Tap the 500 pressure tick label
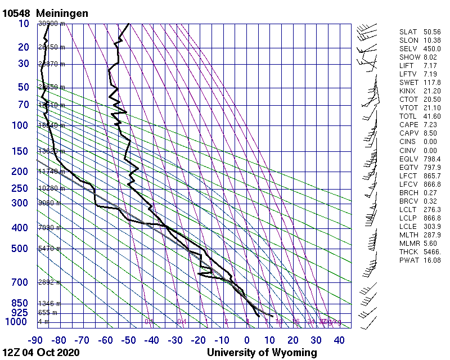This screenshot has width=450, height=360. (19, 249)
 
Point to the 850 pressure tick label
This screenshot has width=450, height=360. (19, 303)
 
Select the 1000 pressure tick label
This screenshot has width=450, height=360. (17, 322)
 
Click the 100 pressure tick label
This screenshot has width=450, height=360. (19, 125)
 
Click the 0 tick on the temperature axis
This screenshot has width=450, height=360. (247, 340)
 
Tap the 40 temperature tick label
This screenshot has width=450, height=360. (339, 340)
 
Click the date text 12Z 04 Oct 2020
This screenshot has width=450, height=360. (40, 353)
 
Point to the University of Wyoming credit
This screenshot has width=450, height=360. (262, 353)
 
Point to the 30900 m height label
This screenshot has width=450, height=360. (51, 24)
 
